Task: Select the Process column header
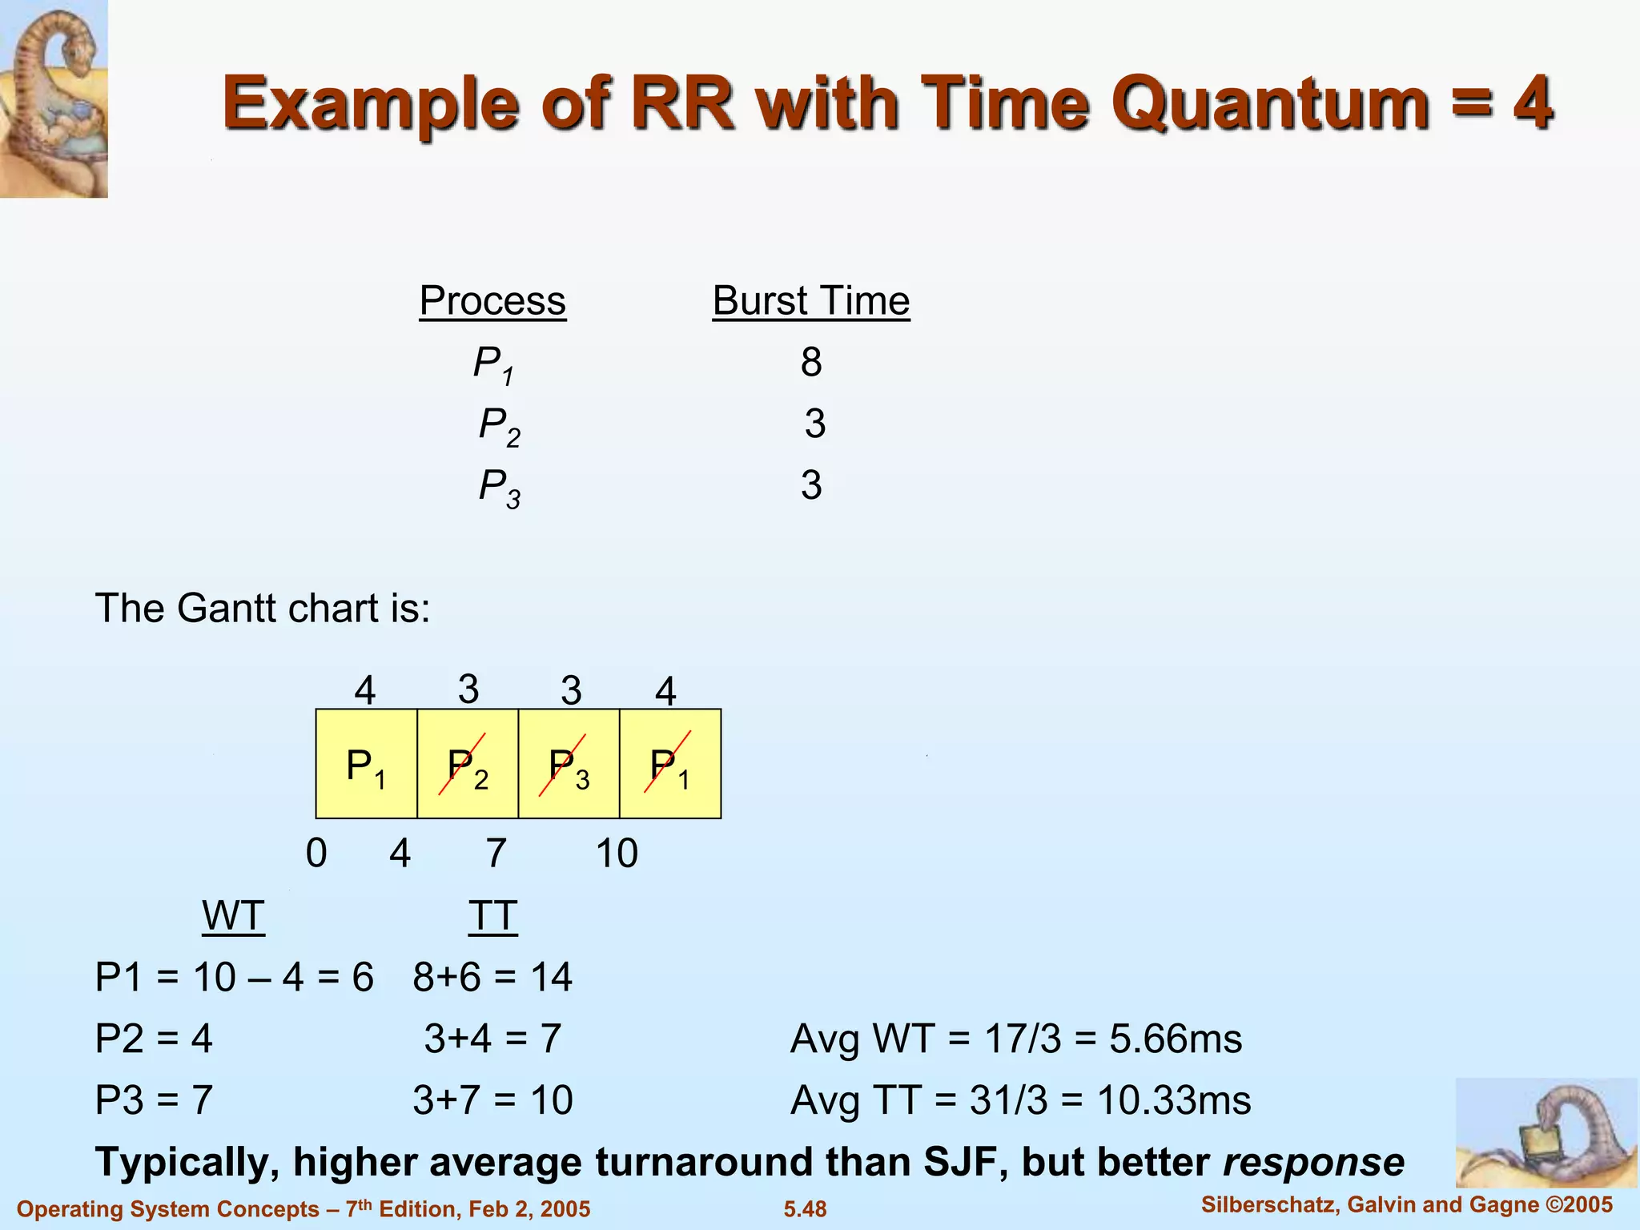492,302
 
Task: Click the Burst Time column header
811,302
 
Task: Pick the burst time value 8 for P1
811,362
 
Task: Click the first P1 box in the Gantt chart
366,764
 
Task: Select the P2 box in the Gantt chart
468,764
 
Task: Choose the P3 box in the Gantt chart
569,764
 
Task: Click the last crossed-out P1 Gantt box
670,764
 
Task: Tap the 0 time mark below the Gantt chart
316,853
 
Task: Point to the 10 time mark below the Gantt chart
617,853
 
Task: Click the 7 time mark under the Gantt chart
496,853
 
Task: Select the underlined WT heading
233,915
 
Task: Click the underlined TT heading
492,915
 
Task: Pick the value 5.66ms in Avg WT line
1176,1039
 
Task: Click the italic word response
1313,1162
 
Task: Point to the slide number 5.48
805,1209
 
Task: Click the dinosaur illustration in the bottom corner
1546,1133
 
